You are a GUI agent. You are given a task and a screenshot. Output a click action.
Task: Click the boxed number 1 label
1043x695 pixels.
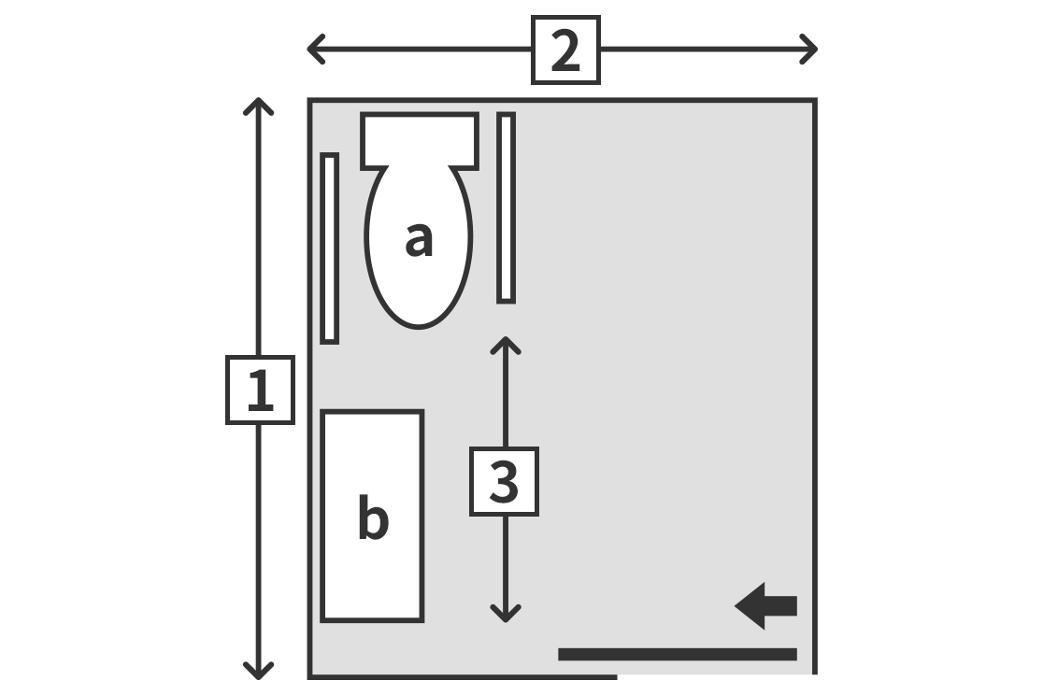[x=260, y=390]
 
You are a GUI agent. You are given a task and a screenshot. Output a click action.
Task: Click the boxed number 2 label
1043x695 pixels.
[x=566, y=50]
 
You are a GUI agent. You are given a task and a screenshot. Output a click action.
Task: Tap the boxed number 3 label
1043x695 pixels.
[x=504, y=481]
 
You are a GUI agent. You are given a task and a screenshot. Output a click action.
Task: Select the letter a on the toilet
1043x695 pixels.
[x=419, y=239]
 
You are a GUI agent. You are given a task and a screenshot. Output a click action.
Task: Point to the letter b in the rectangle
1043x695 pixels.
[x=373, y=517]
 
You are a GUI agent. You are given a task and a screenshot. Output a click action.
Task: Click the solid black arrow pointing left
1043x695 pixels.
[x=765, y=606]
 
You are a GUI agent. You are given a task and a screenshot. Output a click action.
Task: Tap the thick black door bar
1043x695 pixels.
[x=678, y=655]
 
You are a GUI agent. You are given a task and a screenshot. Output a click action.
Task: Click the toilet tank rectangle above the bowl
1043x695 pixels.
[x=420, y=140]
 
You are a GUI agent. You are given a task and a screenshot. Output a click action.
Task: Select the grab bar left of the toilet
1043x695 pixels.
[x=330, y=248]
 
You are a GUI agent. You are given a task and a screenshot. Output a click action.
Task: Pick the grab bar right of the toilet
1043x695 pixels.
[x=507, y=208]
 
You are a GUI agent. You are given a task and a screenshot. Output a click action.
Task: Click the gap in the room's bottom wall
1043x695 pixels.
[x=715, y=676]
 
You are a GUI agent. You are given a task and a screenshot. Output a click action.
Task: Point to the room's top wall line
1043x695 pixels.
[x=562, y=100]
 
